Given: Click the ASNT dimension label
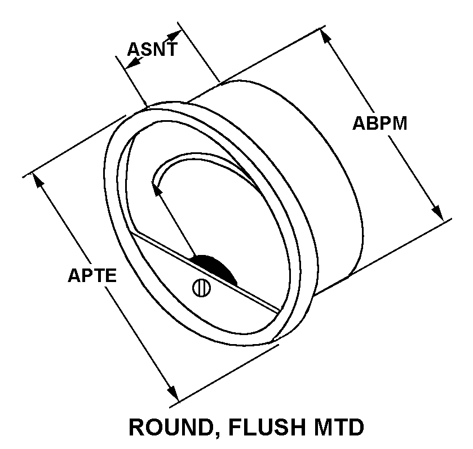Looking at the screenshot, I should click(152, 49).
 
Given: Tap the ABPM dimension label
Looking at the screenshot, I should click(379, 123).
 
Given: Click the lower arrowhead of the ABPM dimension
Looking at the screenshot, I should click(438, 213).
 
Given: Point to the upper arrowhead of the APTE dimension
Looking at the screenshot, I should click(39, 181).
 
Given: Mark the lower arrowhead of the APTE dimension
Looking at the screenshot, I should click(172, 393).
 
